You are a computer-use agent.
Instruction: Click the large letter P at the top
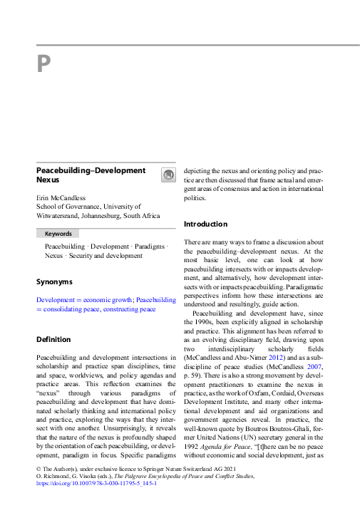pos(43,65)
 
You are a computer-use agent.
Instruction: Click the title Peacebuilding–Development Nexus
pos(91,175)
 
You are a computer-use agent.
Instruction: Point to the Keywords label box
pos(58,233)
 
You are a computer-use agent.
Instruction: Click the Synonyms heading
pos(54,281)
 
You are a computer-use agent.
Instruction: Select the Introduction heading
pos(205,224)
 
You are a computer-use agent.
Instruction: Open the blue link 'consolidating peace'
pos(71,309)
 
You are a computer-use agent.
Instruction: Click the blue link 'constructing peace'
pos(129,309)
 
